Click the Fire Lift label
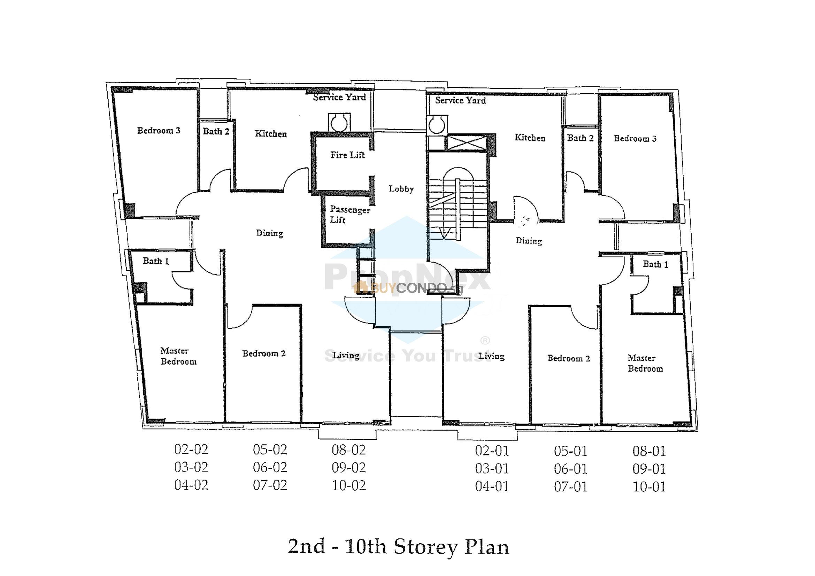point(347,155)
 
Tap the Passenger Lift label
point(349,215)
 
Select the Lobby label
point(401,189)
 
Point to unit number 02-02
point(191,449)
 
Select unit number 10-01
point(649,487)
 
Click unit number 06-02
point(270,467)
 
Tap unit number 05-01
point(570,451)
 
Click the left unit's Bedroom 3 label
point(159,131)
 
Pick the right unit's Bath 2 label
point(580,138)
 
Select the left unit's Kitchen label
point(270,134)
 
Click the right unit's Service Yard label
point(460,100)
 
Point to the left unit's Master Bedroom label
point(178,356)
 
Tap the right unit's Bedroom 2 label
point(569,358)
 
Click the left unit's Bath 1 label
point(155,261)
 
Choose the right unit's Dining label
point(529,241)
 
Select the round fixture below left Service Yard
point(339,123)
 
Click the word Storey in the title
point(425,546)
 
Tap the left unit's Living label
point(346,355)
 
